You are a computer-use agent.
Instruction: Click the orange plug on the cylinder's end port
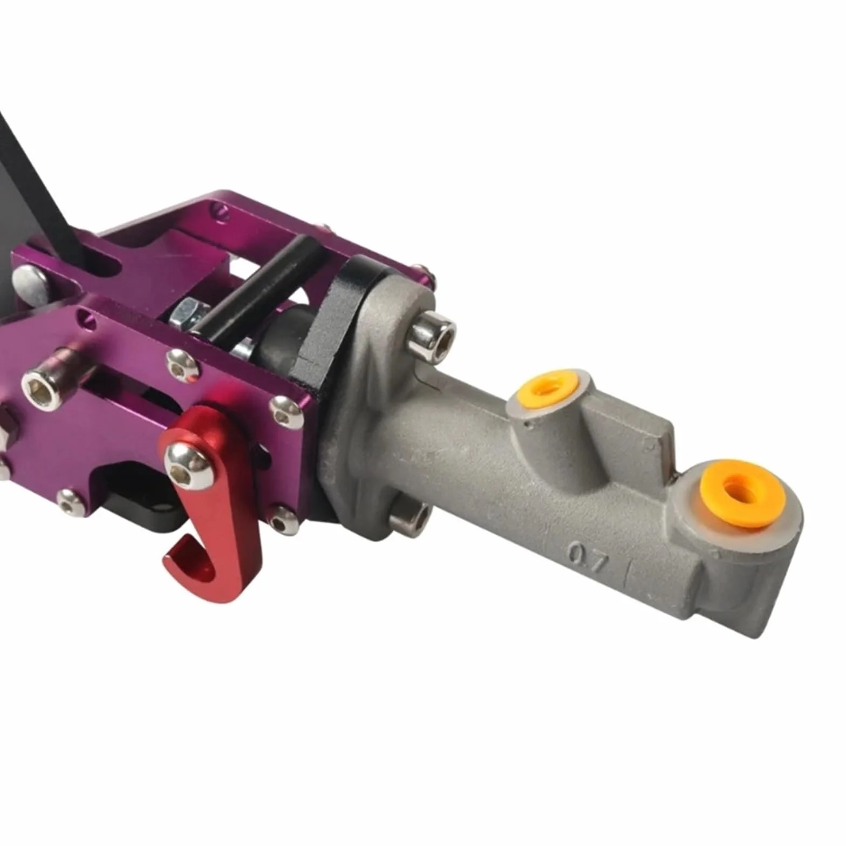pos(742,493)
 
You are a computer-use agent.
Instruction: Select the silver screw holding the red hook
pos(188,464)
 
